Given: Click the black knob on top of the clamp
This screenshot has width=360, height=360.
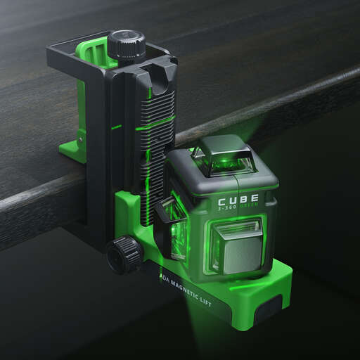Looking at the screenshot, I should coord(127,44).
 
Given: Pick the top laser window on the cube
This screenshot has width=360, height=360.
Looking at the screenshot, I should coord(223,161).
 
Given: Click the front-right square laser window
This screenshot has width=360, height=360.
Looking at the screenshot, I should coord(237,243).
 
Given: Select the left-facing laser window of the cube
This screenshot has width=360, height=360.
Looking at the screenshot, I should coord(176,225).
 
